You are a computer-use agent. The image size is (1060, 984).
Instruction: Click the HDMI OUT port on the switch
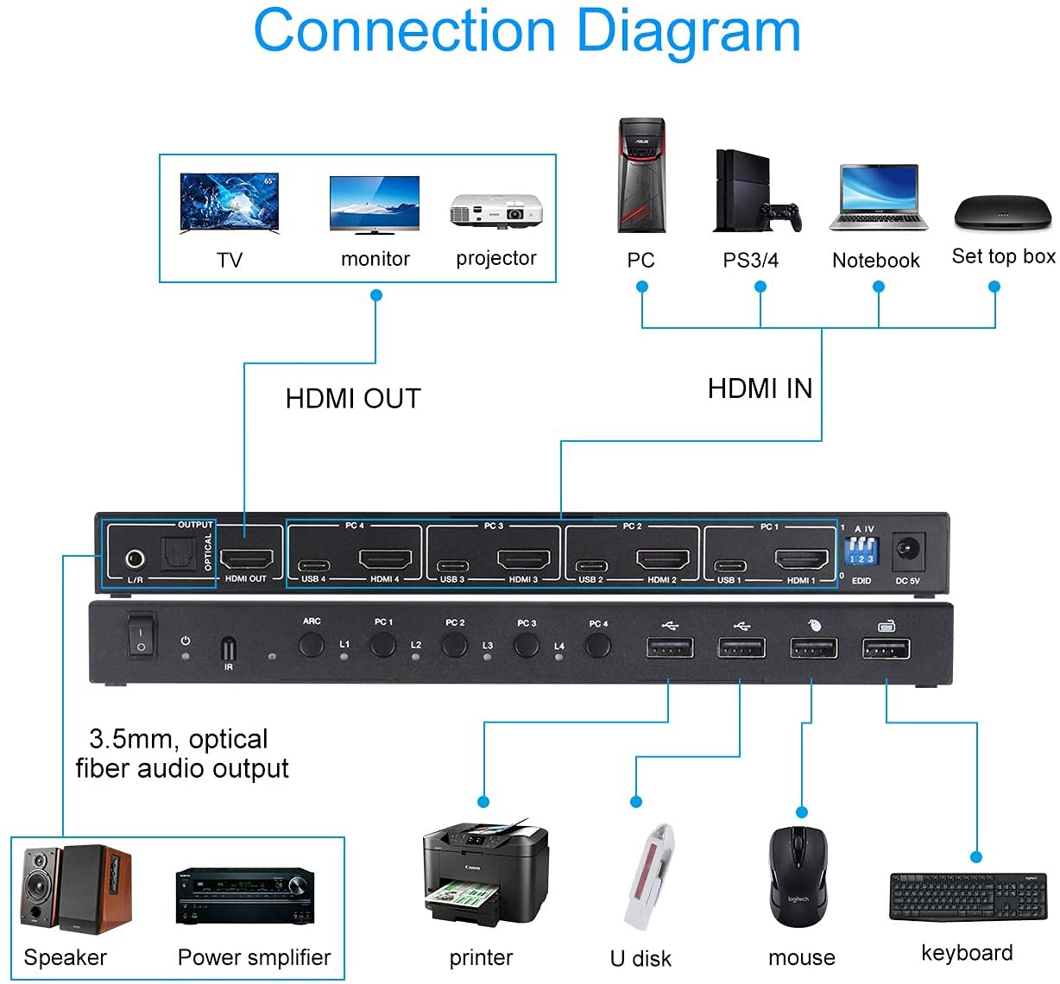click(247, 558)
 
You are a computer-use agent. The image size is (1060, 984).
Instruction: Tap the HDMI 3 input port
click(523, 559)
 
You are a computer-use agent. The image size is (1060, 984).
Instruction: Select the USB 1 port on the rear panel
click(729, 567)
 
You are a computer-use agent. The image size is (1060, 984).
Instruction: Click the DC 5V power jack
click(907, 550)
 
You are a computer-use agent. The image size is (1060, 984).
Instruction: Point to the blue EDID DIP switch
click(861, 550)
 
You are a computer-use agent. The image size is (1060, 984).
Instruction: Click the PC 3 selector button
click(527, 645)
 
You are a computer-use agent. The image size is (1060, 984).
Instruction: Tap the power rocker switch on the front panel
click(142, 635)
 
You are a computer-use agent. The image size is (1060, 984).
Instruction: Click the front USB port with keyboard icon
click(886, 647)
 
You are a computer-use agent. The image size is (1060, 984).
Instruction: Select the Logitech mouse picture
click(798, 875)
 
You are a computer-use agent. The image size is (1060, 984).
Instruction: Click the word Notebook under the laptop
click(876, 261)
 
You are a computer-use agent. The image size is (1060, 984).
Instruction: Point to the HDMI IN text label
click(760, 388)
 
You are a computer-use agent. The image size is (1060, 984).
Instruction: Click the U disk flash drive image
click(647, 876)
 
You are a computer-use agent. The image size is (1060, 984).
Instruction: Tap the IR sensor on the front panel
click(228, 648)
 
